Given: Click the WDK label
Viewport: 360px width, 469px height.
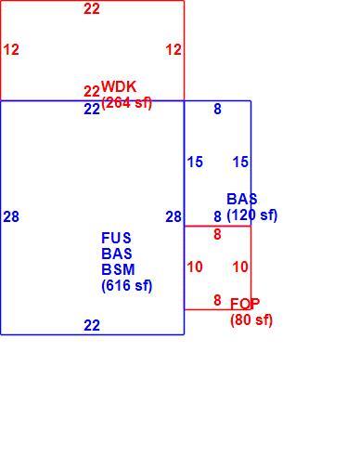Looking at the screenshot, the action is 119,86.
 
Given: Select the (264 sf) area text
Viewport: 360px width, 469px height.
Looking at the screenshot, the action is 127,103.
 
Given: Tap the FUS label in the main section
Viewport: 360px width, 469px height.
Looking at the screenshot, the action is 116,238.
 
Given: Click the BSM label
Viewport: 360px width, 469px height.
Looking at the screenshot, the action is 118,269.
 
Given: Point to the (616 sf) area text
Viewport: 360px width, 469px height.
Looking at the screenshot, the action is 127,285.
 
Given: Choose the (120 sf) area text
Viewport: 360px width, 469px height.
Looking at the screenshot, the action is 252,215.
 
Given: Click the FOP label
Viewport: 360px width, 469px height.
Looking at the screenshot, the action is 245,304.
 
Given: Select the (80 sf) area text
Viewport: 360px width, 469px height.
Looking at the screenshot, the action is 251,319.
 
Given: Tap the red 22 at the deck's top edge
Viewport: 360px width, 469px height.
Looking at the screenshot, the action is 92,8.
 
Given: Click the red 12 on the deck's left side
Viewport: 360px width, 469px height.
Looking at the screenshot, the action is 11,49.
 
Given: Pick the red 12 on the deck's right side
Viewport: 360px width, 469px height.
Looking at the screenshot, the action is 174,49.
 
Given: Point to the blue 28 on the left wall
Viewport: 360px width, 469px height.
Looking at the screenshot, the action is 11,216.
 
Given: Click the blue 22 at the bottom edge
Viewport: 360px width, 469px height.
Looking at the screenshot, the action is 92,325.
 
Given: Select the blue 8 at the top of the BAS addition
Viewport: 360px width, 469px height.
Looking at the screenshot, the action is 217,109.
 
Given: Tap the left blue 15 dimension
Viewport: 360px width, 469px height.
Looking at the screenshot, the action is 195,162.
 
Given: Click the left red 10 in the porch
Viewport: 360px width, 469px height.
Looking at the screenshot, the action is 195,267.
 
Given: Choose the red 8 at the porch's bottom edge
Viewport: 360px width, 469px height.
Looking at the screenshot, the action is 217,300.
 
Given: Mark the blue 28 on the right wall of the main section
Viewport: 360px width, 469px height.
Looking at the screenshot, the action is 174,216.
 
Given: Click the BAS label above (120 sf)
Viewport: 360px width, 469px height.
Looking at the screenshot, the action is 242,199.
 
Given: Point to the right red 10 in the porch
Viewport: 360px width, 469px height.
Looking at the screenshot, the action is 240,267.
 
